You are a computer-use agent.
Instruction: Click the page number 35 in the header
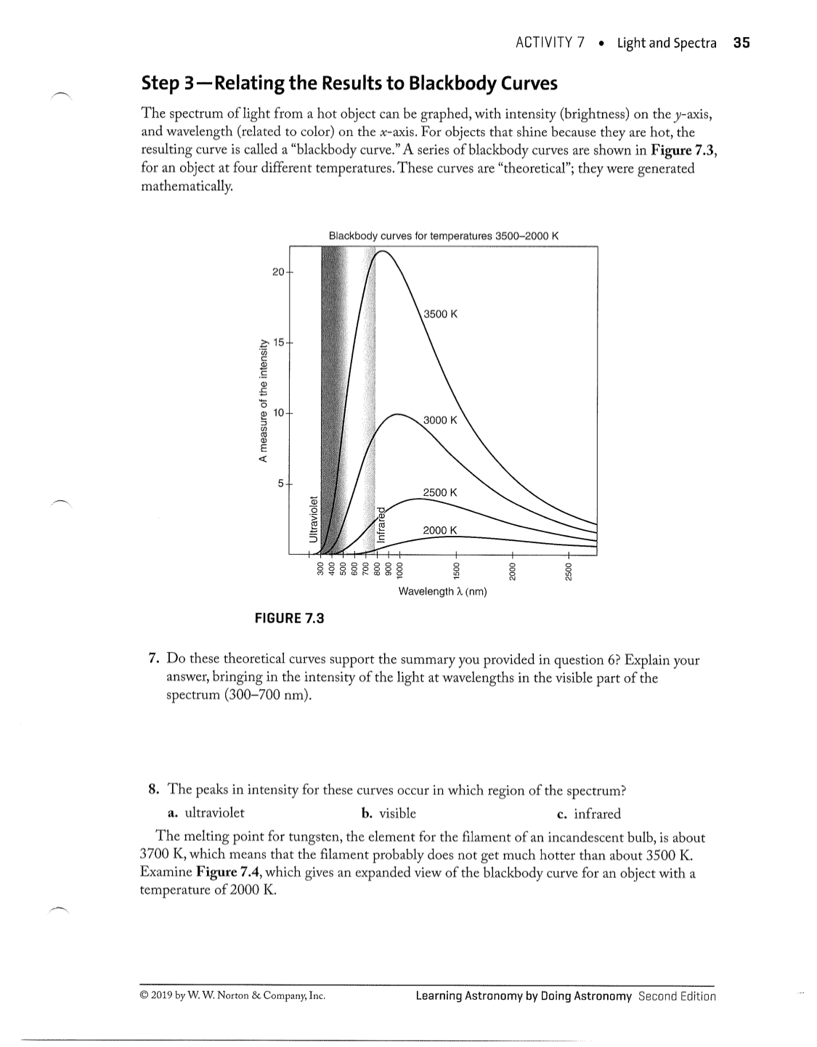(741, 43)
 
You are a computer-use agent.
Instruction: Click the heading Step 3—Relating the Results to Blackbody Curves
(349, 83)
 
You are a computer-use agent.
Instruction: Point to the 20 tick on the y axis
(277, 272)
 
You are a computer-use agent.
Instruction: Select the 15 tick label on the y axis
(277, 341)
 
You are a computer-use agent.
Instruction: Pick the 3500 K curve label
(441, 314)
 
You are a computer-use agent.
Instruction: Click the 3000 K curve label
(441, 420)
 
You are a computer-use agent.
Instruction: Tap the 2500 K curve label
(440, 492)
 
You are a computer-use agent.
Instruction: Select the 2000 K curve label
(440, 530)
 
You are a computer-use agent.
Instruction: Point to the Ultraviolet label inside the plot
(314, 518)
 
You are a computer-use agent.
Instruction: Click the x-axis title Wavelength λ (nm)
(442, 592)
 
